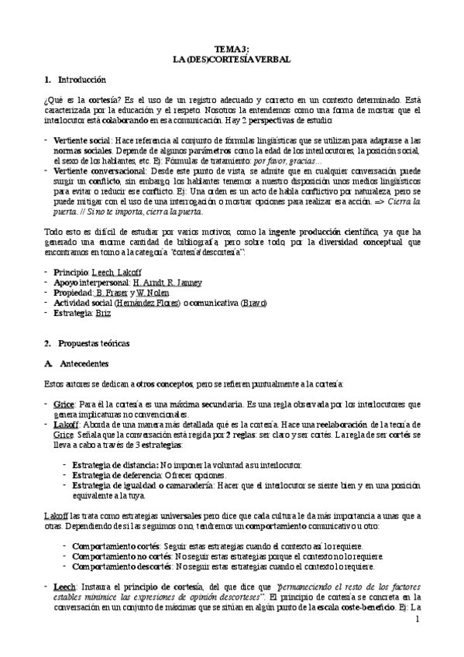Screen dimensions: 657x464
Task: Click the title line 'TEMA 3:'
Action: (x=232, y=49)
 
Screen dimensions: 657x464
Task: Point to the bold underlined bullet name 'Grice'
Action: (x=64, y=404)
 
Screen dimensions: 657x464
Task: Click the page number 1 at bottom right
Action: (x=417, y=620)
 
